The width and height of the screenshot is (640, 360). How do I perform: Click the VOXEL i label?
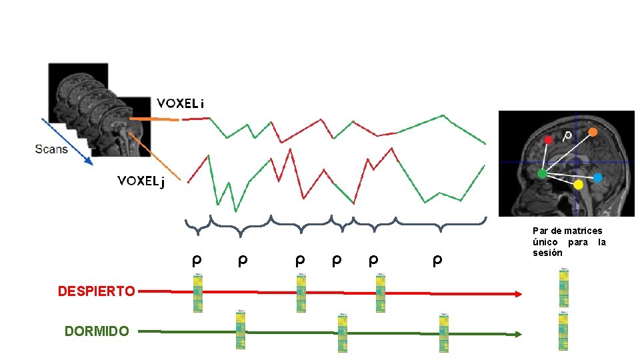(x=180, y=103)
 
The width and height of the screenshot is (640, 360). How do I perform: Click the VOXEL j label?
(x=141, y=181)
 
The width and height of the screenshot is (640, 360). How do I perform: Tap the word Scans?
(x=51, y=149)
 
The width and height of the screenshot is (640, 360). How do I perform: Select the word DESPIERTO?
(x=97, y=291)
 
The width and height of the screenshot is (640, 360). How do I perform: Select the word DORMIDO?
(x=97, y=331)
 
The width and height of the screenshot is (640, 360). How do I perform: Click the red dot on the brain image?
(x=548, y=140)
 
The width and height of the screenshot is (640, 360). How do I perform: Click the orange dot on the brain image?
(x=593, y=132)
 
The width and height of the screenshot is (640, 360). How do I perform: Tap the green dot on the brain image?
(x=542, y=174)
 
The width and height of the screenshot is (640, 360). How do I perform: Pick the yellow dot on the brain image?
(x=578, y=184)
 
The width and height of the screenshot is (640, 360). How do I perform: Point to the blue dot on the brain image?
(x=597, y=177)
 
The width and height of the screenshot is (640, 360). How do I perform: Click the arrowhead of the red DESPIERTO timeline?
(x=518, y=294)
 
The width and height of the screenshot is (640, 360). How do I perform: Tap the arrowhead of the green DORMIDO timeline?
(x=518, y=335)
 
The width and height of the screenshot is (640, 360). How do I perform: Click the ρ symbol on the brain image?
(x=567, y=136)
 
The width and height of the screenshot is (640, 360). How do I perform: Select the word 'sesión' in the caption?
(x=547, y=253)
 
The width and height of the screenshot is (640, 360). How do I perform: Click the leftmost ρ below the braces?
(x=197, y=259)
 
